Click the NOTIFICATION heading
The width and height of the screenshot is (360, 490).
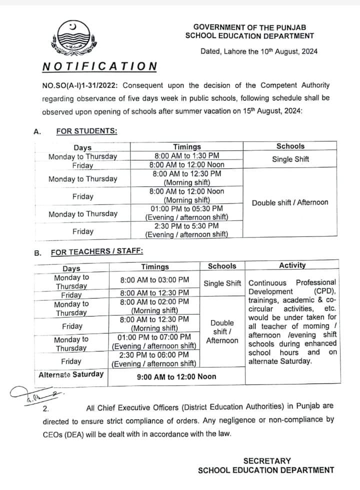tap(99, 66)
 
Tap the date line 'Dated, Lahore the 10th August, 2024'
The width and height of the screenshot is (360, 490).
tap(259, 51)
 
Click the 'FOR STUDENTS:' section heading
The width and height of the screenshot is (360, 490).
tap(87, 131)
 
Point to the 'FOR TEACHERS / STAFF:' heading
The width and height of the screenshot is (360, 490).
tap(97, 252)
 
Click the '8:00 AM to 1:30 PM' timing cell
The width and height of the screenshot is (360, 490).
tap(186, 155)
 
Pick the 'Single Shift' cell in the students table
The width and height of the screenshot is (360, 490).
tap(290, 159)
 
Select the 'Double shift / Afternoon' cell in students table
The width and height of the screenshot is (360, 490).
tap(290, 202)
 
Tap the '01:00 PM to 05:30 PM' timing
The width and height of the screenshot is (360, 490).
tap(186, 208)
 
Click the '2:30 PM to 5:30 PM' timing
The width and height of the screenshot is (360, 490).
tap(186, 226)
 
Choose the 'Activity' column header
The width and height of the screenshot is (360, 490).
tap(292, 265)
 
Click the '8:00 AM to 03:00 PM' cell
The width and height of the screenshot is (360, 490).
tap(154, 280)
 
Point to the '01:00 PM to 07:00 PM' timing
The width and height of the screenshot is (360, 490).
tap(154, 337)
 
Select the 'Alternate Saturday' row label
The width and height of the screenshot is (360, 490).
tap(71, 374)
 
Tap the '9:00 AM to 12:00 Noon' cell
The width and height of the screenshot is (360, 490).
tap(176, 376)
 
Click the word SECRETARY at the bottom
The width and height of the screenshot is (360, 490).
tap(266, 460)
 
